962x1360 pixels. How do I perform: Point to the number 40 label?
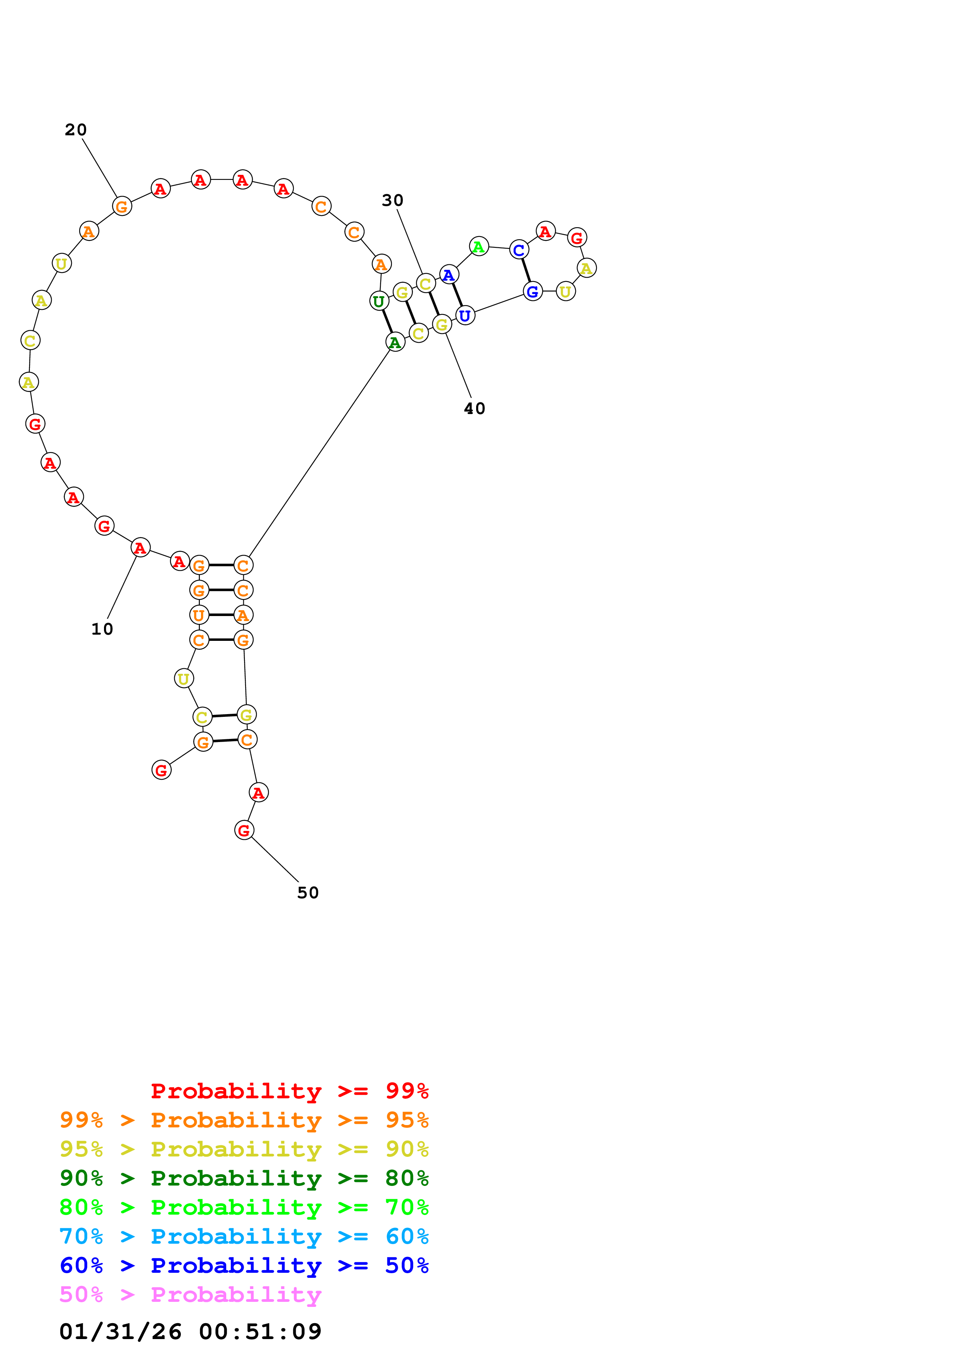[x=474, y=409]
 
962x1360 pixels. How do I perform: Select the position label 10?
[x=102, y=629]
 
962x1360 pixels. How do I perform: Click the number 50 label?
[x=308, y=893]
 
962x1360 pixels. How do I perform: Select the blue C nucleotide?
[x=518, y=250]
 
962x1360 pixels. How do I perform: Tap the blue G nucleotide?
[x=532, y=292]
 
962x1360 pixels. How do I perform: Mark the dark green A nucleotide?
[x=395, y=342]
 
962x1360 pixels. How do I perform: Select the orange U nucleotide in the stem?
[x=199, y=615]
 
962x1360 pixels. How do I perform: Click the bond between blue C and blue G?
[x=526, y=271]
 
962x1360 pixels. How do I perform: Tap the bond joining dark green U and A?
[x=387, y=322]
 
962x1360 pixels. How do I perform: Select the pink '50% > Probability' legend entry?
[x=190, y=1295]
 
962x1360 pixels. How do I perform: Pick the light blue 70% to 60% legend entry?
[x=244, y=1236]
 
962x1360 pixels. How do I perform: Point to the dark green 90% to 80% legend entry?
[x=244, y=1178]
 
